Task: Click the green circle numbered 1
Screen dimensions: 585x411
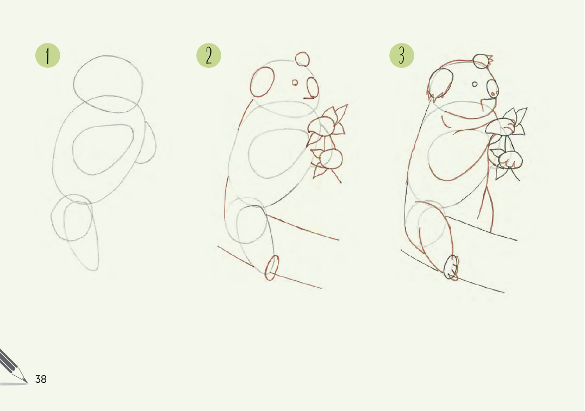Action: [48, 55]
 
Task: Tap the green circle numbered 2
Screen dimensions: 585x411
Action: [209, 55]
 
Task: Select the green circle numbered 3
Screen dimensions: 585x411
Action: [401, 55]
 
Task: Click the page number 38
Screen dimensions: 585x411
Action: [41, 379]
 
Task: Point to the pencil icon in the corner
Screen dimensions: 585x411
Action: [13, 367]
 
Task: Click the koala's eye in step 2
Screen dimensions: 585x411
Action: [295, 83]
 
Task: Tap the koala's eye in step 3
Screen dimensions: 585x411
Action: [475, 84]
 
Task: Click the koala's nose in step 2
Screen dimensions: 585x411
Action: [313, 87]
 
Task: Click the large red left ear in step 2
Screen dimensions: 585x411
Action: [262, 81]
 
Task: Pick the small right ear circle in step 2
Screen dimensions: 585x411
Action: [302, 59]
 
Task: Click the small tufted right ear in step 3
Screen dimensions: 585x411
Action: [482, 61]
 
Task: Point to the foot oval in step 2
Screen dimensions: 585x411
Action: [272, 268]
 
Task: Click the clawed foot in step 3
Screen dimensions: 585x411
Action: [452, 267]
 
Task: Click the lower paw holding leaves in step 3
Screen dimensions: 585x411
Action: [510, 160]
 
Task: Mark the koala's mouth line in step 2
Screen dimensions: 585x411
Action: [309, 98]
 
